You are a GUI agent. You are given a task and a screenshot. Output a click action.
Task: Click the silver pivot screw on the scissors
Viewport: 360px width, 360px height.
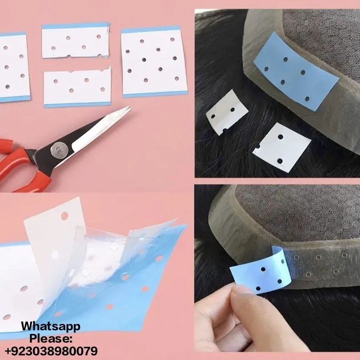pos(59,150)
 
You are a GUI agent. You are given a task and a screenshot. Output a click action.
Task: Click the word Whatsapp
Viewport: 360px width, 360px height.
pos(51,327)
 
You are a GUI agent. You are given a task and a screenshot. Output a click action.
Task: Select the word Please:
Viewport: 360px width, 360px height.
pos(51,339)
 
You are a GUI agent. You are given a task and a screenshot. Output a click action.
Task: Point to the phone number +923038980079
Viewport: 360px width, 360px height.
pos(51,351)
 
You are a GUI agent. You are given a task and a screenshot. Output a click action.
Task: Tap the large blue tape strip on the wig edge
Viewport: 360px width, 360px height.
pos(296,71)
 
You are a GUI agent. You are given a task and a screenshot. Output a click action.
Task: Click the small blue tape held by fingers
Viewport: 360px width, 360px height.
pos(260,270)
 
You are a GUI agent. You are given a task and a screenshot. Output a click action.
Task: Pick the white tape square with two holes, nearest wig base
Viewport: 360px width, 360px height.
pos(282,147)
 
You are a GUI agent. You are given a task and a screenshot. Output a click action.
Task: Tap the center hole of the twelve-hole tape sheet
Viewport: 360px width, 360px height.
pos(144,60)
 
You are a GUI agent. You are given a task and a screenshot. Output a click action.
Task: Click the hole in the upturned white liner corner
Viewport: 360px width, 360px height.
pos(64,216)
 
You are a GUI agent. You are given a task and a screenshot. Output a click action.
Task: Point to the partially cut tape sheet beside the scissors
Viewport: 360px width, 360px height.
pos(77,87)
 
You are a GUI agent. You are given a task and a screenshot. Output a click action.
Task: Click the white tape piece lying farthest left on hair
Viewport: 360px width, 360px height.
pos(227,112)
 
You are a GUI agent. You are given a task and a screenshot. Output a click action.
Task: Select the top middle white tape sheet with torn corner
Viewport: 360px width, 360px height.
pos(76,40)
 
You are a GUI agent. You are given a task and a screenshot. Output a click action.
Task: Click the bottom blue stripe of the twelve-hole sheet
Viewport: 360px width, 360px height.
pos(155,94)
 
